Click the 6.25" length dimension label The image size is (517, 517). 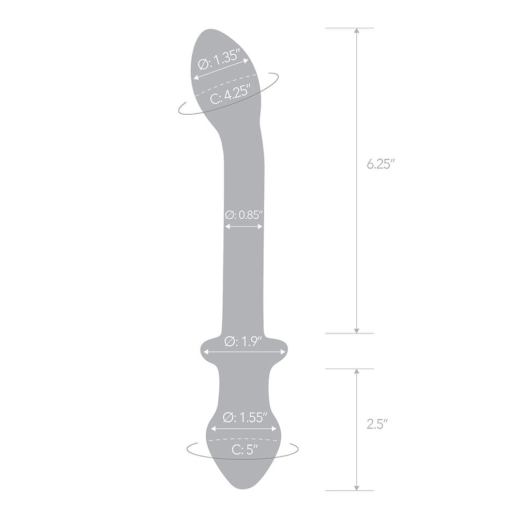(381, 164)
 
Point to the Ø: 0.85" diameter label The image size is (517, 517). (244, 215)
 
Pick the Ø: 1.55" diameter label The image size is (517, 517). (245, 418)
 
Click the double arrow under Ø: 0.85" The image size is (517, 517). (244, 226)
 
